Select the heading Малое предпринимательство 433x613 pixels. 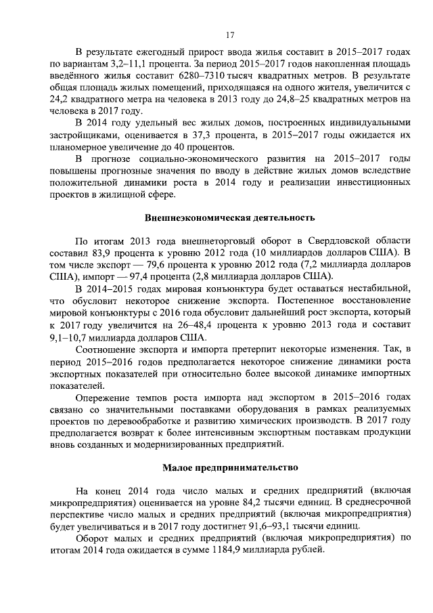click(229, 468)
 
